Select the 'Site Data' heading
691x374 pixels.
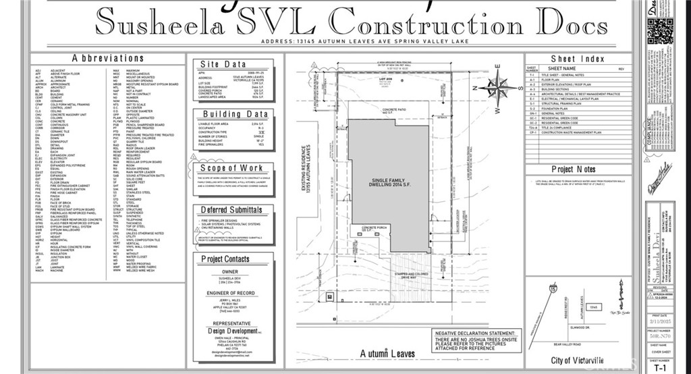(x=225, y=64)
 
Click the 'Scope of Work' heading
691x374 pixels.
(x=231, y=168)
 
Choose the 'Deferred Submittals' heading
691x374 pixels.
(x=231, y=209)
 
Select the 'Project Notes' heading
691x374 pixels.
(x=574, y=169)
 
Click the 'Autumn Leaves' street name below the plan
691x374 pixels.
(x=387, y=353)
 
